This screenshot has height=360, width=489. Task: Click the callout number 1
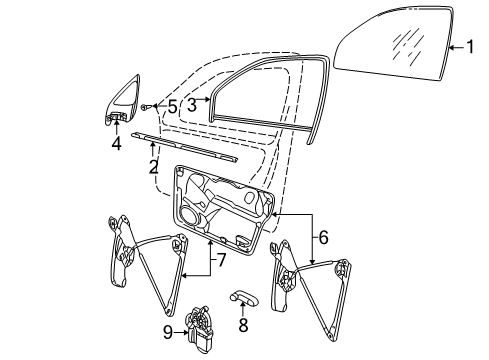(470, 47)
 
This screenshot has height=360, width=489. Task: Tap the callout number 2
(153, 167)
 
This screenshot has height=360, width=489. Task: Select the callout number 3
(192, 105)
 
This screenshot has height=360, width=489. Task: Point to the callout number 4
(116, 144)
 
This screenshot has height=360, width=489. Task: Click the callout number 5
(172, 107)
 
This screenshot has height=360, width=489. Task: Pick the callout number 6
(323, 237)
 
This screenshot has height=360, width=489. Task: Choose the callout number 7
(221, 260)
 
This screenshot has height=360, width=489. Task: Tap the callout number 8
(243, 325)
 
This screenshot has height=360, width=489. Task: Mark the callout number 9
(168, 332)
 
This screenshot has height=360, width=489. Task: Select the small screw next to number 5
(145, 107)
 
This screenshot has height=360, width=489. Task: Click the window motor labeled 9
(199, 328)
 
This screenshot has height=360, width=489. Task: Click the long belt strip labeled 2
(184, 148)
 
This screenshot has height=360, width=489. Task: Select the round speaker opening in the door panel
(190, 216)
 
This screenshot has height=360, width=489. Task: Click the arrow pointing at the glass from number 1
(457, 47)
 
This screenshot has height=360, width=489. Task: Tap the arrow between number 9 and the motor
(181, 332)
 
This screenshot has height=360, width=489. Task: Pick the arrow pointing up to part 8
(243, 311)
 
